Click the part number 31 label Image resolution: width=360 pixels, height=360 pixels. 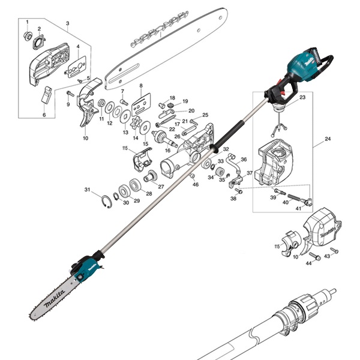[87, 190]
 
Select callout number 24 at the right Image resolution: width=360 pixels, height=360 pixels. [328, 139]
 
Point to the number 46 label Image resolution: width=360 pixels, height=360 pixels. [195, 185]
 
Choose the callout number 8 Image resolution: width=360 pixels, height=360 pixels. [141, 87]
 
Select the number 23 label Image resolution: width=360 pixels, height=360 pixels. [302, 97]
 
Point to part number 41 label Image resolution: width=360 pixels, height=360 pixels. [298, 208]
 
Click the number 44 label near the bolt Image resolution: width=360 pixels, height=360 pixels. [309, 263]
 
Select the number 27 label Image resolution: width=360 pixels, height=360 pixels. [161, 187]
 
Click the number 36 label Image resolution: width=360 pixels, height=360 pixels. [244, 160]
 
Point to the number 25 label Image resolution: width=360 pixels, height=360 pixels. [205, 115]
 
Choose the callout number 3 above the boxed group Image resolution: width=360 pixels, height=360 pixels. [68, 23]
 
